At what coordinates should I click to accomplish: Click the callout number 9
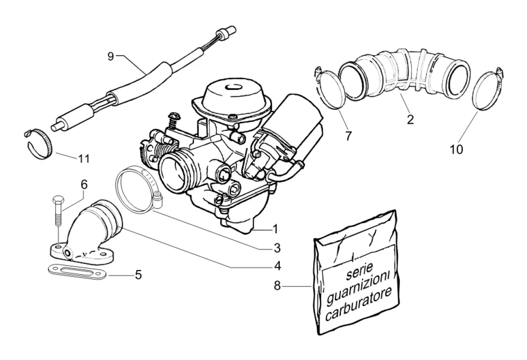point(111,56)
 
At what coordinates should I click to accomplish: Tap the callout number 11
point(84,158)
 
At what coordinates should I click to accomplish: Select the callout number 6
point(83,184)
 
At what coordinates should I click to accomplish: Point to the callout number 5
point(138,275)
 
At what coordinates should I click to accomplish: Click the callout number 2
point(410,120)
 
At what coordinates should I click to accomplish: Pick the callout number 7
point(348,136)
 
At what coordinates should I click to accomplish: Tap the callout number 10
point(456,149)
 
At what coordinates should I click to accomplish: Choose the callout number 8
point(277,286)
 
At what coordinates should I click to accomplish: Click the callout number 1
point(276,230)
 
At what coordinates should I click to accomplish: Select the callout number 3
point(277,248)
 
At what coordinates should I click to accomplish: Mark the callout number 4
point(277,266)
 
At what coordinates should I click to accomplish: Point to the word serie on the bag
point(359,271)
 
